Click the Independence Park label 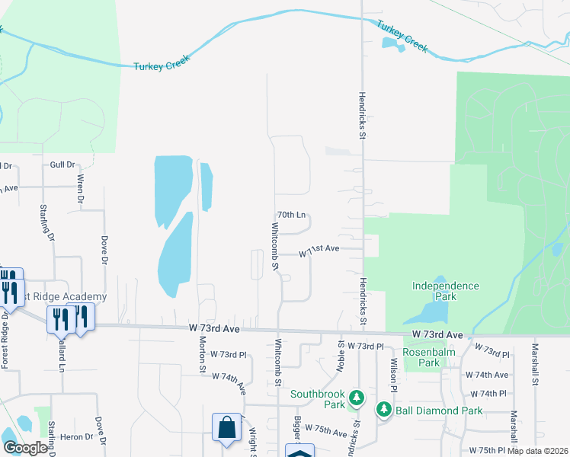pos(445,291)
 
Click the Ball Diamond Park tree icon pos(384,411)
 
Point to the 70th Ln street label pos(290,216)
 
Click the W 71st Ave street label pos(319,250)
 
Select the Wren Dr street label pos(80,189)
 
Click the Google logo pos(25,448)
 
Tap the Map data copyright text pos(538,451)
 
